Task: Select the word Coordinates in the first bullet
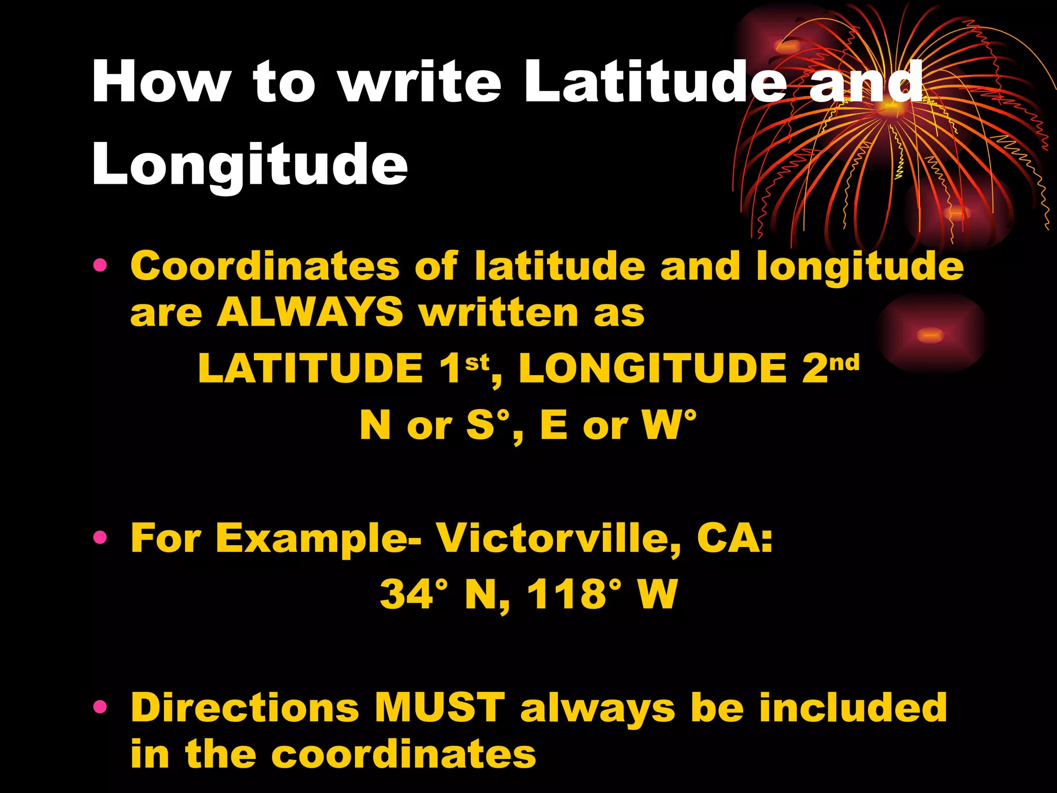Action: tap(265, 266)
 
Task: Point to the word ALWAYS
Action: tap(310, 313)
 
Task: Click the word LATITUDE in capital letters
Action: tap(311, 369)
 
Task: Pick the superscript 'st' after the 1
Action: tap(477, 363)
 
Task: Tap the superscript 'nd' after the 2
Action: tap(845, 362)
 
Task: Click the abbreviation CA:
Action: tap(734, 538)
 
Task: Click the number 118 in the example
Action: tap(567, 594)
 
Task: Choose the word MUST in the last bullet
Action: tap(440, 707)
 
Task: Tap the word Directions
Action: tap(245, 707)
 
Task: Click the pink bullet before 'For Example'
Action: tap(100, 538)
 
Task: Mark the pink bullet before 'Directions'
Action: tap(100, 707)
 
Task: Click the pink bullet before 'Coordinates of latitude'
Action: tap(100, 266)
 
